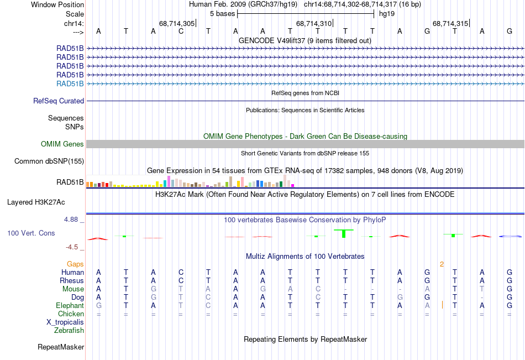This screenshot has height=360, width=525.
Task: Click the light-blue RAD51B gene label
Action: coord(70,84)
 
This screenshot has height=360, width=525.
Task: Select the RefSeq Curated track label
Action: coord(59,101)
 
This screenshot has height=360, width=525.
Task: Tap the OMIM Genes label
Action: coord(62,144)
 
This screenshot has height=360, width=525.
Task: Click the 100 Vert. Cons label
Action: coord(31,233)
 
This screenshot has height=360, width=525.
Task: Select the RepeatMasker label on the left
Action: coord(61,347)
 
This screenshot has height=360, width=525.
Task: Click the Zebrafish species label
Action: coord(69,331)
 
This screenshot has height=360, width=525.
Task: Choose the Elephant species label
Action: coord(70,305)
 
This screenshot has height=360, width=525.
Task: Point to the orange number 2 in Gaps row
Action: coord(442,264)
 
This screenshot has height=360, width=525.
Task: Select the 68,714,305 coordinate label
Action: coord(177,23)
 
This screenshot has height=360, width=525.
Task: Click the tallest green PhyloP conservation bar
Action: coord(344,233)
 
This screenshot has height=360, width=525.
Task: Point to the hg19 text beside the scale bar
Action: coord(386,14)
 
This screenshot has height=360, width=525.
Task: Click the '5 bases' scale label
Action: coord(222,14)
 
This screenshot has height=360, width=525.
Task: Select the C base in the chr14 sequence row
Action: coord(181,31)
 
